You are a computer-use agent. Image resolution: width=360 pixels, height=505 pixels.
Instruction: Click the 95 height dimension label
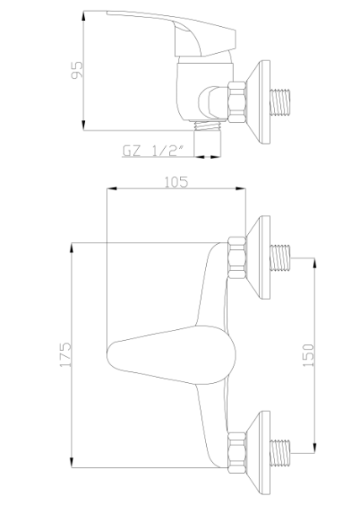tap(77, 70)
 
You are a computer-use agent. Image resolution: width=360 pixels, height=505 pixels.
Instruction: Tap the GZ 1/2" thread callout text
tap(154, 151)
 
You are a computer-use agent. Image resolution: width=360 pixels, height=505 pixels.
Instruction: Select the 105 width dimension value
tap(176, 182)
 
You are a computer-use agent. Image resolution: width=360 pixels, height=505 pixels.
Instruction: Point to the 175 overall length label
tap(66, 354)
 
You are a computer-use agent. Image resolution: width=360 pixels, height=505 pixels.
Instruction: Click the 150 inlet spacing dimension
tap(308, 355)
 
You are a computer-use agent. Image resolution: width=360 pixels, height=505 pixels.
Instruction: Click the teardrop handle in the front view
tap(171, 355)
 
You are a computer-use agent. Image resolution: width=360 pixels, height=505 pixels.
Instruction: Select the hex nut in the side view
tap(237, 102)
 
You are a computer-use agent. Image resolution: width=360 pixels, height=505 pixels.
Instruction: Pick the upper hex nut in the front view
tap(237, 258)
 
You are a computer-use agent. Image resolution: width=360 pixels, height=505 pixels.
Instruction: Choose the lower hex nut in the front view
tap(237, 453)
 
